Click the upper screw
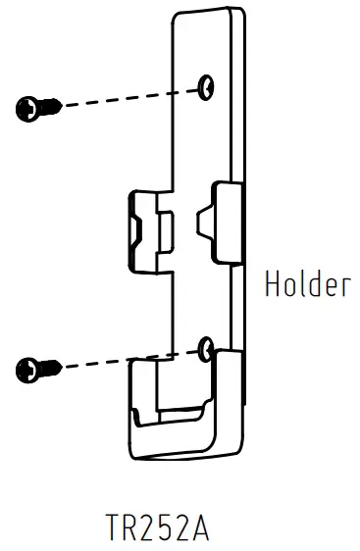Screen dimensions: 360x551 (x=37, y=106)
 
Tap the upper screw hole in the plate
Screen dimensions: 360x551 (x=206, y=88)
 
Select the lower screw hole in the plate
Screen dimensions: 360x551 (x=205, y=347)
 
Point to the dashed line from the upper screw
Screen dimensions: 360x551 (x=128, y=96)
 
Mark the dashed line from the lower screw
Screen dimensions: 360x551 (x=128, y=358)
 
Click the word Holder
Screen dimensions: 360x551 (x=307, y=284)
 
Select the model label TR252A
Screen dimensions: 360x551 (x=157, y=528)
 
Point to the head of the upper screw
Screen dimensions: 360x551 (x=26, y=106)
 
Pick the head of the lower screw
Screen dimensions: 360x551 (x=27, y=370)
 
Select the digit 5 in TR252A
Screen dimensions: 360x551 (x=172, y=528)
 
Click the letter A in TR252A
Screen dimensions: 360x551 (x=200, y=528)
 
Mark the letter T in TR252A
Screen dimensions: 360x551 (x=114, y=528)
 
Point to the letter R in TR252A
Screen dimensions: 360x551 (x=129, y=528)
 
